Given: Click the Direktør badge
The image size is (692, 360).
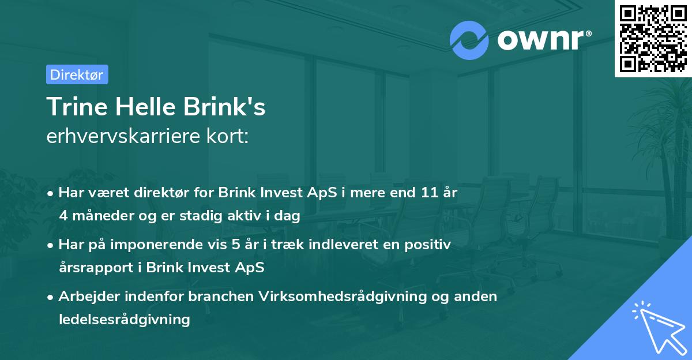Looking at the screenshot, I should click(x=77, y=74).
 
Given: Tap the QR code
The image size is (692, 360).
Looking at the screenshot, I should click(x=652, y=38).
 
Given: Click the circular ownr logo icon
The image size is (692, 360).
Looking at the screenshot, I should click(x=469, y=40).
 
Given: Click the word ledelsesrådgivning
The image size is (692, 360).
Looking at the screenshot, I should click(x=124, y=319).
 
